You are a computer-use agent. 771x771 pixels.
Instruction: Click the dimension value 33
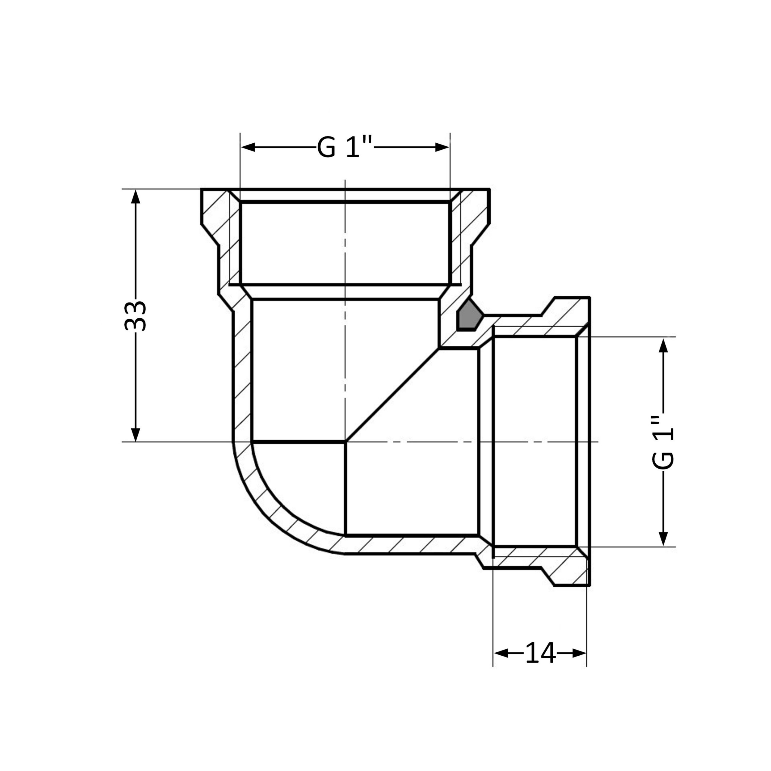click(135, 316)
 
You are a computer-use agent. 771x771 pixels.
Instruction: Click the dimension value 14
click(540, 653)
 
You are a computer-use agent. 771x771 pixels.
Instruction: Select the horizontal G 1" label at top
click(345, 147)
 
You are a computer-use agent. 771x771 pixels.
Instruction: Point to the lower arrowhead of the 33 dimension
click(136, 435)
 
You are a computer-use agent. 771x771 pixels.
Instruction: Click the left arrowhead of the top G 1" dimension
click(248, 147)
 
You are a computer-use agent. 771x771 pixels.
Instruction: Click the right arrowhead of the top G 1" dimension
click(442, 147)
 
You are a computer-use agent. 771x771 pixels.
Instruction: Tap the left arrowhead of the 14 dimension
click(501, 653)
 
